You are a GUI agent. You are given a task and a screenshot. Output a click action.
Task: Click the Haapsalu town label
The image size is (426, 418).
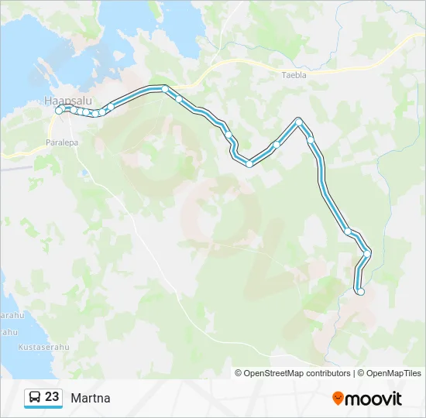[64, 100]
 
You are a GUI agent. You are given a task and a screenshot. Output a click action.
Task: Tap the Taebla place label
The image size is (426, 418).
[294, 75]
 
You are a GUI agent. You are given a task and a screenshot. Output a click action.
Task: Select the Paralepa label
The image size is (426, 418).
[64, 143]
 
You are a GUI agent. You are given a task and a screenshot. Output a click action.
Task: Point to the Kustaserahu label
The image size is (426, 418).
[43, 348]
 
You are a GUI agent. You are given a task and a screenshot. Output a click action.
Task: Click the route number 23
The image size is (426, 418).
[52, 397]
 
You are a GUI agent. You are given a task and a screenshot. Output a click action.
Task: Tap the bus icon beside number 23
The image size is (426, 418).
[34, 398]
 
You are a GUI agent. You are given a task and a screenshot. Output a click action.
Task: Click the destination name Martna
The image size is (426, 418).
[91, 398]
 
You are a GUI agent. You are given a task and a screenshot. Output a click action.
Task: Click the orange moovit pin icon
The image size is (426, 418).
[338, 399]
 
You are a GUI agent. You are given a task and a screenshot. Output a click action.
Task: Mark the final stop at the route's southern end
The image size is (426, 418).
[360, 291]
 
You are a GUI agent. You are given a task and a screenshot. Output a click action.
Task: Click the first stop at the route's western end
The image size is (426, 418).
[59, 111]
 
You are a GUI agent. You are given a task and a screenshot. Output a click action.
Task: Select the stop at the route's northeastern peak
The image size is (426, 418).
[299, 122]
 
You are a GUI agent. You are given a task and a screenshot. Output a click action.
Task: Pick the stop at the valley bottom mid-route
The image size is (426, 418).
[249, 163]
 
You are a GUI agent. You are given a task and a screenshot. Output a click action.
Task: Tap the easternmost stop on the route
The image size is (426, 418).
[367, 252]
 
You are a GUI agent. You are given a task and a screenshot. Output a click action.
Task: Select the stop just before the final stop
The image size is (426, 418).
[367, 252]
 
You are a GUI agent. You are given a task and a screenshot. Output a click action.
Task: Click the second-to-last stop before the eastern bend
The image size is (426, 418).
[348, 231]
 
